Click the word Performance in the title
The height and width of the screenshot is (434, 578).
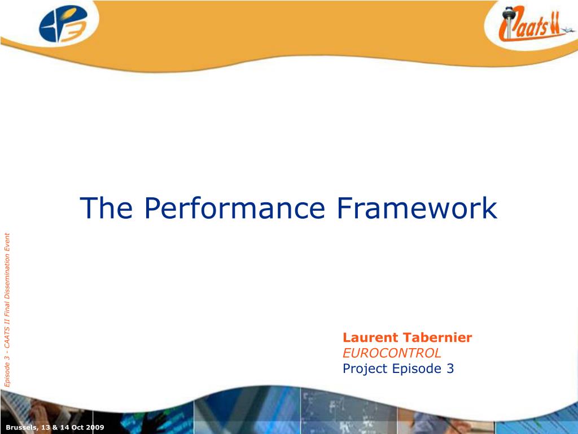tap(234, 209)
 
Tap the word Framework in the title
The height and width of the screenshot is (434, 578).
tap(417, 208)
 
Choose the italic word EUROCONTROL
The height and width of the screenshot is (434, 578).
tap(392, 353)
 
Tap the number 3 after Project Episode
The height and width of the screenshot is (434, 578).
tap(450, 368)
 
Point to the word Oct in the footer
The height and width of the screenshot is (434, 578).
tap(74, 427)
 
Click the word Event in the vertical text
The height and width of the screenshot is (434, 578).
tap(7, 241)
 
